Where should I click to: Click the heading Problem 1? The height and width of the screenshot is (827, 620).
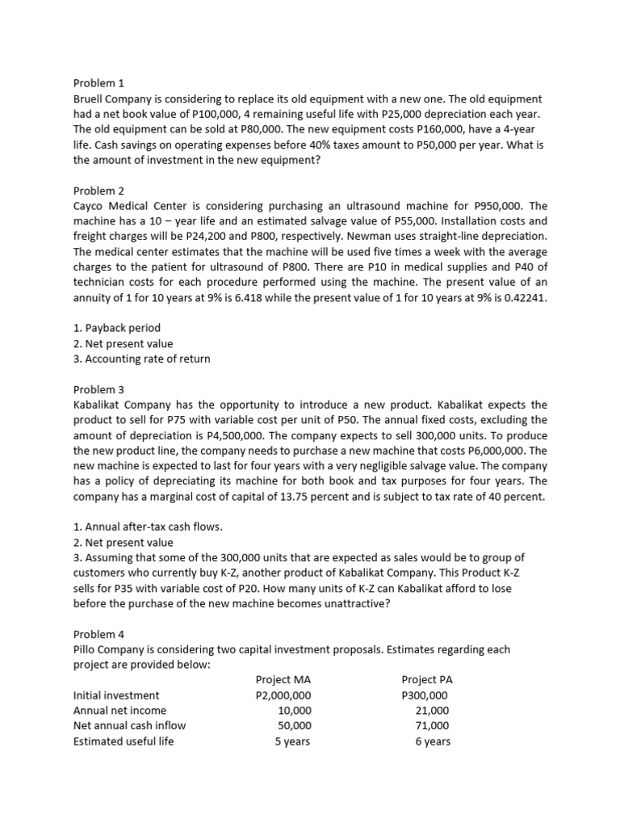(x=98, y=82)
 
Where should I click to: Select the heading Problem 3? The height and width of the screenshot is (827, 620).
(x=98, y=389)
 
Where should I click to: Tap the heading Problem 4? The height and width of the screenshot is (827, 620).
(x=98, y=635)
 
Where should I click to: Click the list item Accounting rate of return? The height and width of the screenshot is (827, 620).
(x=141, y=359)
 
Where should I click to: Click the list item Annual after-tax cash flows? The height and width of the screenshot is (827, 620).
(x=148, y=527)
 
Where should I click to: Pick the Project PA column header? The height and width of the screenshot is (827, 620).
(x=426, y=680)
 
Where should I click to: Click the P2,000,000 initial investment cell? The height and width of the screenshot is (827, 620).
(x=283, y=695)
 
